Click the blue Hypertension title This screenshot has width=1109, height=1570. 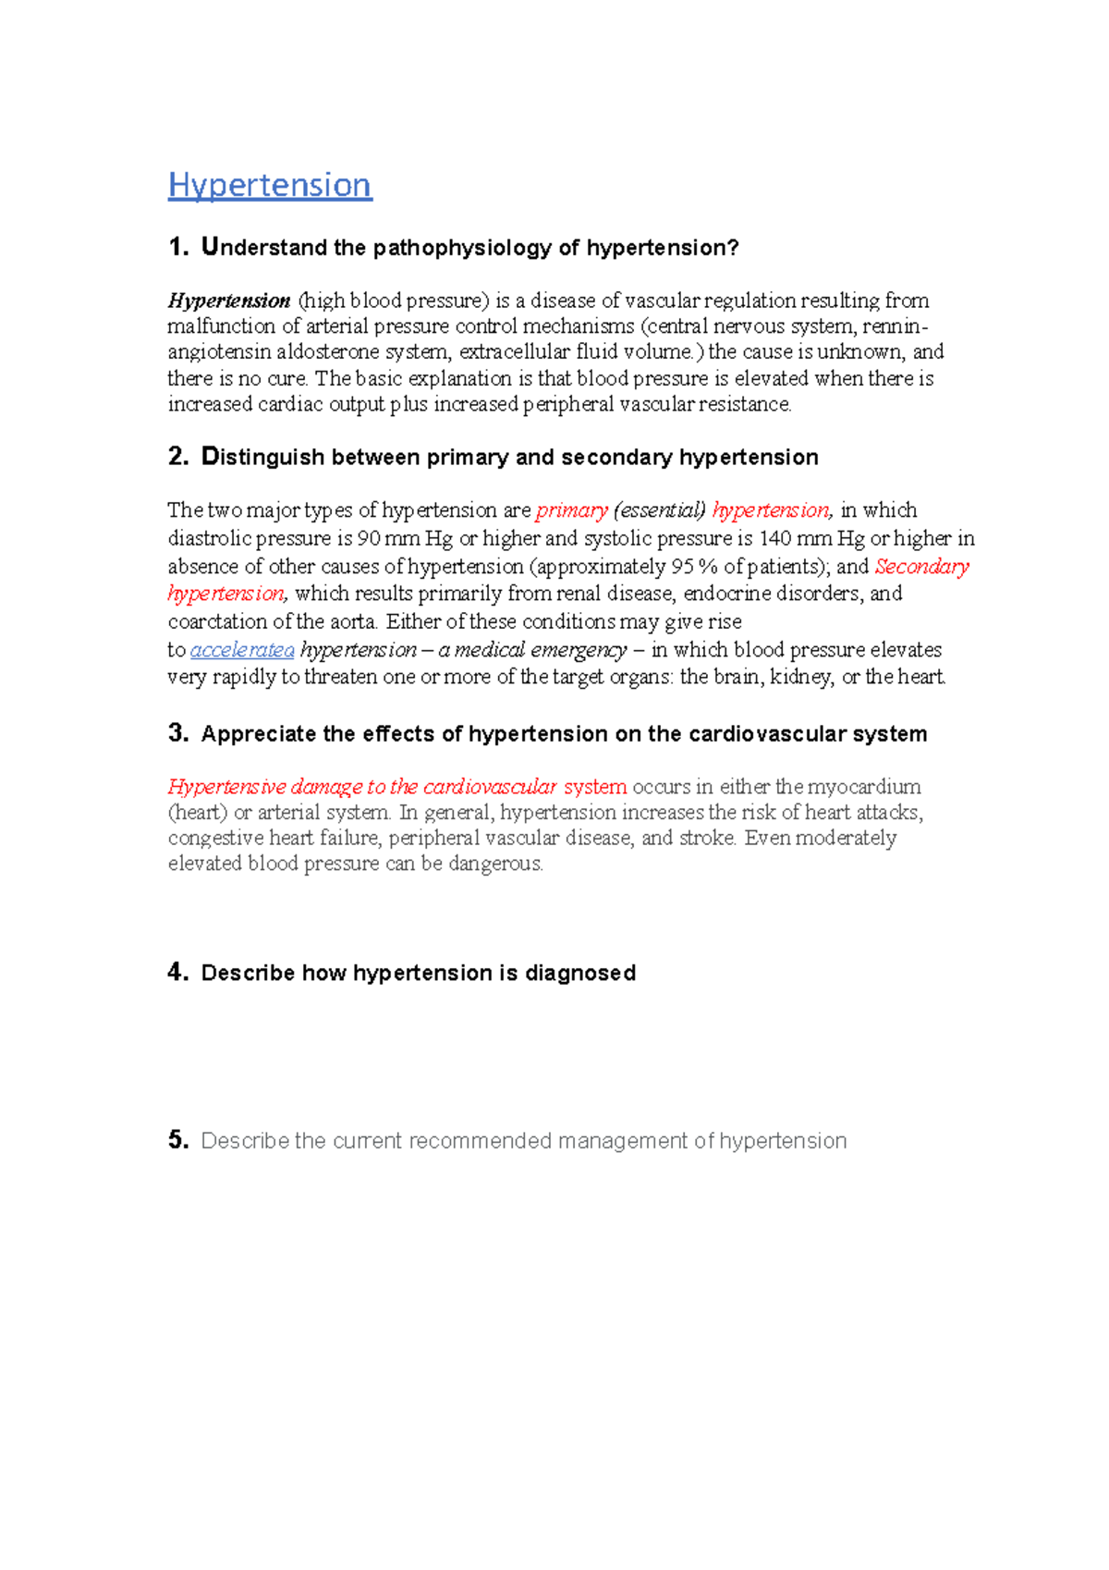tap(270, 185)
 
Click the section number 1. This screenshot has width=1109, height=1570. tap(177, 247)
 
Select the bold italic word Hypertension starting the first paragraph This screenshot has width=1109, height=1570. tap(229, 301)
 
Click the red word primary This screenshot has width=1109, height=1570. tap(571, 510)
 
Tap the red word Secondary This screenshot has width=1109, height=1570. tap(921, 566)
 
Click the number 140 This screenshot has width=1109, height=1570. tap(774, 538)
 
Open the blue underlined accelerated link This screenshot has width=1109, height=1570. tap(242, 650)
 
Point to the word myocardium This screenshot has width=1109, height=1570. tap(864, 787)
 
